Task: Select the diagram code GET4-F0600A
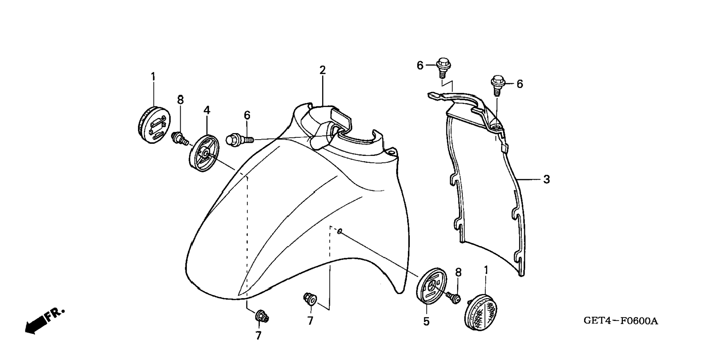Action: point(621,321)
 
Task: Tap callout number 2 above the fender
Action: point(322,70)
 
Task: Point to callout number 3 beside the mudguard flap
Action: point(546,179)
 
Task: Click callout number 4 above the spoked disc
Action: point(207,110)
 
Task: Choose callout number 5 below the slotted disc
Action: point(426,321)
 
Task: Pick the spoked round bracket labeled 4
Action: point(205,153)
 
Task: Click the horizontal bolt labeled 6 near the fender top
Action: point(239,140)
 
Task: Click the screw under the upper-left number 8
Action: point(180,139)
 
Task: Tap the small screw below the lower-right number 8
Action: point(454,297)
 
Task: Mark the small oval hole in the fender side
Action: point(340,232)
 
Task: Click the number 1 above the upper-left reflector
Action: point(153,76)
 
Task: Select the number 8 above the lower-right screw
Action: point(458,273)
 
